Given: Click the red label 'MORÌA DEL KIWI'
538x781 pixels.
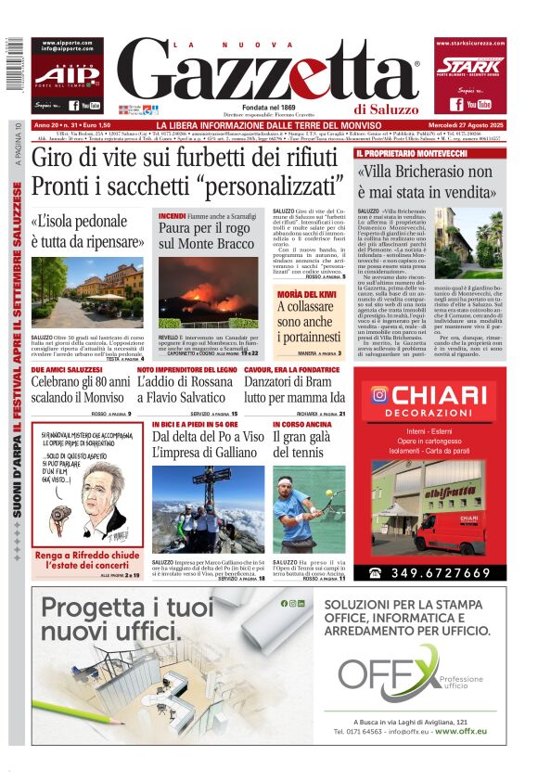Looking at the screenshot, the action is tap(307, 292).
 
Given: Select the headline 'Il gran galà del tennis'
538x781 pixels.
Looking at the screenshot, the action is tap(308, 443).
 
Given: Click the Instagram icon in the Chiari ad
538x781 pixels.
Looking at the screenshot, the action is tap(379, 394).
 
